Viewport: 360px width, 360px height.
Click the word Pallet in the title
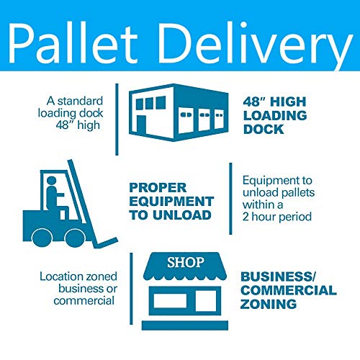[x=73, y=43]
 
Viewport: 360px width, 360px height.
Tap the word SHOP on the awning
[x=186, y=262]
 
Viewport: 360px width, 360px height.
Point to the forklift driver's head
[x=52, y=181]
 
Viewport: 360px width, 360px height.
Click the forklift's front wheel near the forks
[x=75, y=238]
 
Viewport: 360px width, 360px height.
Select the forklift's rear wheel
[x=42, y=238]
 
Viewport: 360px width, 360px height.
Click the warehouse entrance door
[x=141, y=125]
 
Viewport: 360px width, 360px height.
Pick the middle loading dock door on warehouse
[x=204, y=120]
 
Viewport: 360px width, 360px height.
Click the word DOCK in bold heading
[x=264, y=129]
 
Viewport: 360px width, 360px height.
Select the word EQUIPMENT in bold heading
[x=171, y=201]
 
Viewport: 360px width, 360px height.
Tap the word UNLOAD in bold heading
[x=182, y=215]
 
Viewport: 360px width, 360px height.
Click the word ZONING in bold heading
[x=269, y=304]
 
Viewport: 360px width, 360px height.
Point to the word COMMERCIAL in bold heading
[x=289, y=290]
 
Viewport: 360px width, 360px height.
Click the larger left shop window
[x=170, y=300]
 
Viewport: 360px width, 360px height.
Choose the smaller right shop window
[x=206, y=300]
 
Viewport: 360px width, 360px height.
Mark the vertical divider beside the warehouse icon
[x=117, y=120]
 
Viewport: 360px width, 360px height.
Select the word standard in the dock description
[x=80, y=101]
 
